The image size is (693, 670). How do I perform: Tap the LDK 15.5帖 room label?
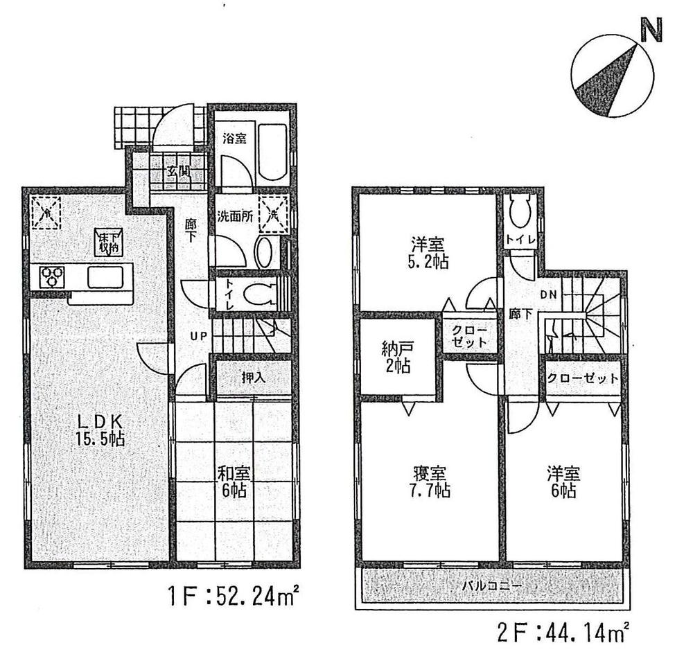[100, 429]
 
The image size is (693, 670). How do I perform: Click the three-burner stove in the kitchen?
[51, 276]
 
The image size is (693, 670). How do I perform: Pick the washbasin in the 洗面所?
[264, 254]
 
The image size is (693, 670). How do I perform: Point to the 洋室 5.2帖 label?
[428, 254]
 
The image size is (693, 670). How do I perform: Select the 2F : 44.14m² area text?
[561, 633]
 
